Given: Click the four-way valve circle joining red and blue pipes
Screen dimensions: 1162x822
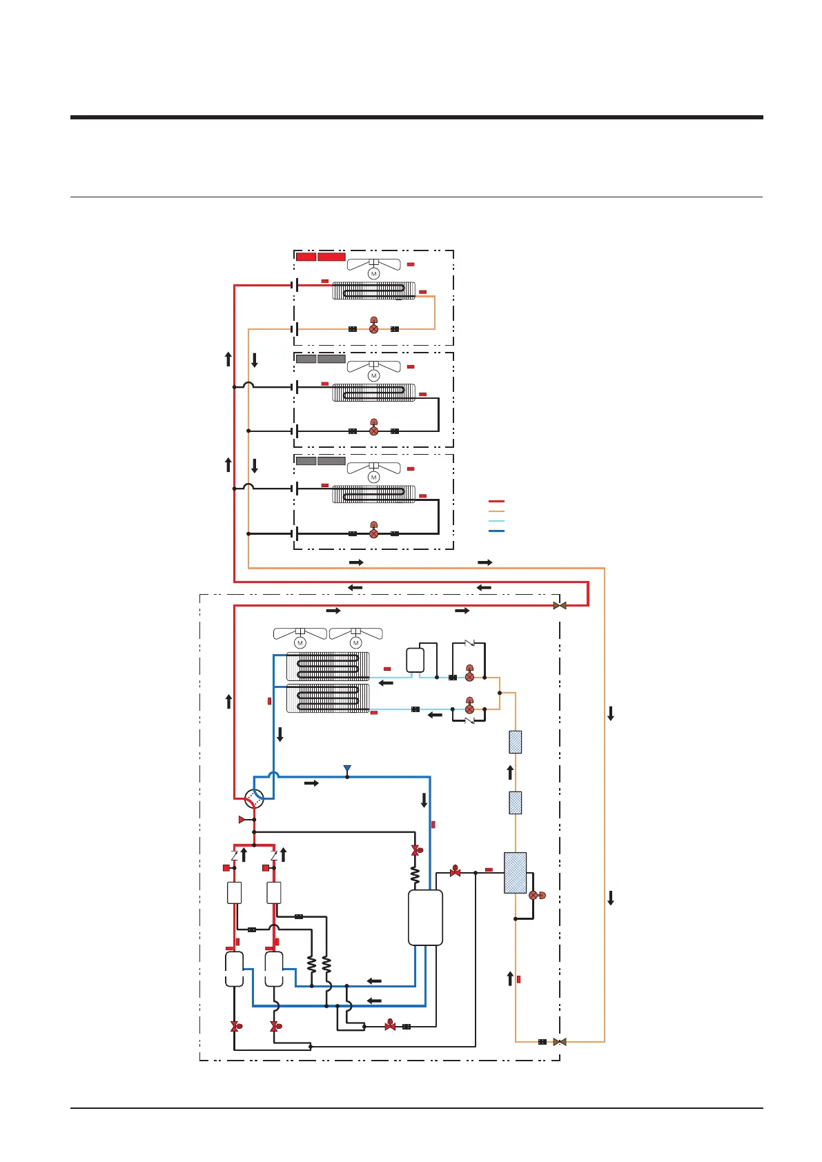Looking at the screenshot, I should (x=255, y=799).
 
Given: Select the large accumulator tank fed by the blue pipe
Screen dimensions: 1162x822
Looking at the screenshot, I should (x=425, y=917).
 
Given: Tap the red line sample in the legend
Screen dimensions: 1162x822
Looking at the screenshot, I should (x=496, y=502).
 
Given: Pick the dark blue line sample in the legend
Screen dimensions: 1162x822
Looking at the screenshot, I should (x=496, y=531).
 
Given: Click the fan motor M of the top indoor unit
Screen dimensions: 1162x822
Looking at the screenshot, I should (x=373, y=274).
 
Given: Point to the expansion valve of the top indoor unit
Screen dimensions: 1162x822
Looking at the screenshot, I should (x=373, y=328).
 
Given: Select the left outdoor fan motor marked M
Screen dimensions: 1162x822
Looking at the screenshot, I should (x=300, y=643).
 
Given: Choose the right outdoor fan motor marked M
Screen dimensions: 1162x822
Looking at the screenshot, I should (x=355, y=643).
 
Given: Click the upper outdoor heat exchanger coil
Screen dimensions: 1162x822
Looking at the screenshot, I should (x=329, y=667).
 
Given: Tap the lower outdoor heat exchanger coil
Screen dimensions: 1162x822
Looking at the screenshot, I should (x=329, y=698).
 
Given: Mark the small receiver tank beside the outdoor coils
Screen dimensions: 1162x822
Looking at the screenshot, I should (x=415, y=660).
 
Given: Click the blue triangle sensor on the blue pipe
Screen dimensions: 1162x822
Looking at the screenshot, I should (x=347, y=769).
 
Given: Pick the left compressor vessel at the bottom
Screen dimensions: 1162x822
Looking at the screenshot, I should (x=235, y=969).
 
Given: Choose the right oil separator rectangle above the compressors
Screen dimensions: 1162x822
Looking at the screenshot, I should (x=274, y=893).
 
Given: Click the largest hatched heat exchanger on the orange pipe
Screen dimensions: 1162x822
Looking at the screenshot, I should (x=515, y=873).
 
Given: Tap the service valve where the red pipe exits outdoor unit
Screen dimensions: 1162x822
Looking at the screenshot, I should (x=560, y=606).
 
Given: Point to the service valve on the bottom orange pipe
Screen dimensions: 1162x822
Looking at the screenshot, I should (x=560, y=1041).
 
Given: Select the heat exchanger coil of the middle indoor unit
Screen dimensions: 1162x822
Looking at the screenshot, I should (x=373, y=393).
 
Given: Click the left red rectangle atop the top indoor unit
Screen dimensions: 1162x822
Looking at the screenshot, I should (x=306, y=257).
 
